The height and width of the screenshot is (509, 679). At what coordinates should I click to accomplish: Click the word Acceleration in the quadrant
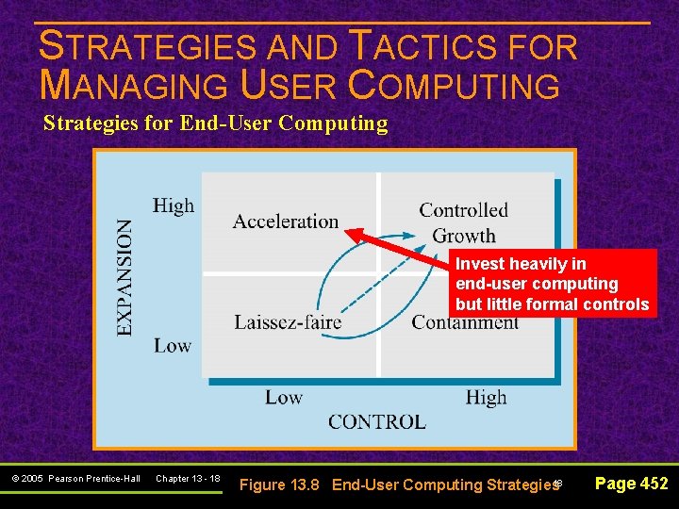click(x=285, y=222)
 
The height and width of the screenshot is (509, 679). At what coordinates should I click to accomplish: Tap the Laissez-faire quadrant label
click(x=288, y=322)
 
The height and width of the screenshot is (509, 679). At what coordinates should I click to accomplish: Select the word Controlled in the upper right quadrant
click(x=463, y=210)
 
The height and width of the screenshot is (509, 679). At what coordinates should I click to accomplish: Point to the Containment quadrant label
click(x=465, y=323)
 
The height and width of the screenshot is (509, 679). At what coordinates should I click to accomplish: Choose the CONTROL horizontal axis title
click(x=376, y=422)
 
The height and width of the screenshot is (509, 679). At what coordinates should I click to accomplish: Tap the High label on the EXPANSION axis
click(x=174, y=205)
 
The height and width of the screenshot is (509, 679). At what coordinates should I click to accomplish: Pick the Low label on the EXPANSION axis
click(x=173, y=346)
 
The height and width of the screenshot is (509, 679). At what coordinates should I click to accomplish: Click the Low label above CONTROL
click(x=283, y=398)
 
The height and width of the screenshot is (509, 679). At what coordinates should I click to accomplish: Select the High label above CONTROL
click(x=486, y=398)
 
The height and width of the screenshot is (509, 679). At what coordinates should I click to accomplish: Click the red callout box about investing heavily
click(x=552, y=284)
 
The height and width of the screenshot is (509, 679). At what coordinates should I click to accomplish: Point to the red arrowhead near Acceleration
click(x=351, y=232)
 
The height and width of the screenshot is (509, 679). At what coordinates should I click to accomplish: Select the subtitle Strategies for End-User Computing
click(x=215, y=123)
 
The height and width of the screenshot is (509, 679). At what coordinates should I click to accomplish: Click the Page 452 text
click(x=632, y=484)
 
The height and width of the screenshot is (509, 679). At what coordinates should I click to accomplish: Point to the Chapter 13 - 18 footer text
click(x=188, y=479)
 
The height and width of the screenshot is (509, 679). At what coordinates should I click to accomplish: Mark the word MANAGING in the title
click(x=134, y=85)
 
